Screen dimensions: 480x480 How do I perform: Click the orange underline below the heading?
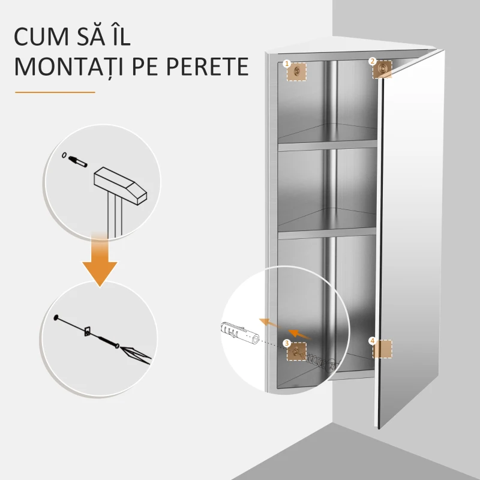click(55, 92)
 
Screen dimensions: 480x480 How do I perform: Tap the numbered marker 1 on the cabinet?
click(287, 62)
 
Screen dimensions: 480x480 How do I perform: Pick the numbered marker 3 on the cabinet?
click(287, 343)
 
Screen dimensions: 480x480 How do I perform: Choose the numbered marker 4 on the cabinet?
click(372, 341)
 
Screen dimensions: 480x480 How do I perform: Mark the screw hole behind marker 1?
click(297, 71)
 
